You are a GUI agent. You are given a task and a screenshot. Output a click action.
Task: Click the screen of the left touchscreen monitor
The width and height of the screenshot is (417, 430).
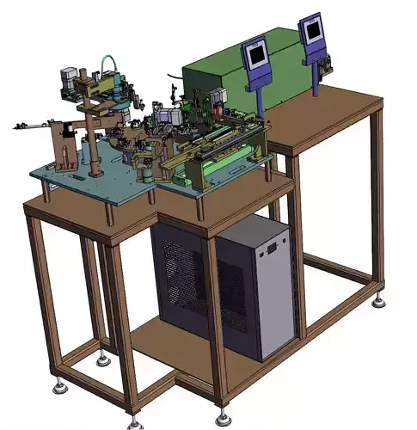tap(255, 56)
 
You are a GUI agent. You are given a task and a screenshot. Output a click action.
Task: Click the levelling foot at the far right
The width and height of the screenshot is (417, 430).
tap(378, 302)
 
